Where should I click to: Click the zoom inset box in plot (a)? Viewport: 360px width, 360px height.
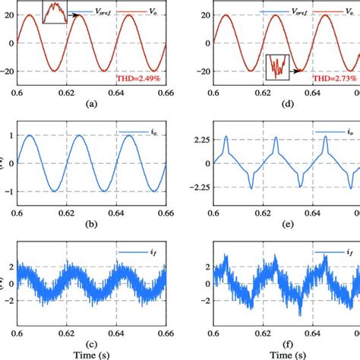pyautogui.click(x=54, y=11)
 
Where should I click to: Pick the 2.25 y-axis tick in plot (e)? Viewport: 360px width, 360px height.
pyautogui.click(x=198, y=140)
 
